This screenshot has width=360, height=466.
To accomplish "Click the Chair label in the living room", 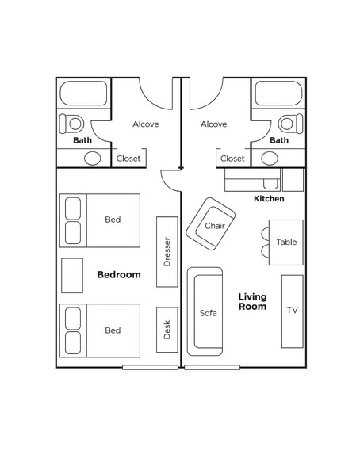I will click(x=214, y=226).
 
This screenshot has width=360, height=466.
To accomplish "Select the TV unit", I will click(x=292, y=310).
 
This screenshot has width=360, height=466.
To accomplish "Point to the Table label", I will click(x=286, y=242).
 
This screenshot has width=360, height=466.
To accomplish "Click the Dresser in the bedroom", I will click(x=167, y=252).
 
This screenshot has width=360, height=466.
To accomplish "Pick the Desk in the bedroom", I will click(x=167, y=330).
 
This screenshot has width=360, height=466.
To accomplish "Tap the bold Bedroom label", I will click(x=119, y=275).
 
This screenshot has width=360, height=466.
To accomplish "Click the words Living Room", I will click(x=252, y=302).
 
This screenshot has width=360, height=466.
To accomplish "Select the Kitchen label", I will click(x=269, y=198).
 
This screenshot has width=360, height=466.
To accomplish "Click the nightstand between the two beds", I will click(x=72, y=275).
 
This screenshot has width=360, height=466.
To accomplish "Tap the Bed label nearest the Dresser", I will click(x=113, y=220).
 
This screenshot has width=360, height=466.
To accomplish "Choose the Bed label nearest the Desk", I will click(x=113, y=330).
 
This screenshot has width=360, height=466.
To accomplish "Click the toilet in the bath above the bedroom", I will click(x=73, y=124).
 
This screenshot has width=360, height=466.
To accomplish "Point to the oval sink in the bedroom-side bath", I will click(x=94, y=158).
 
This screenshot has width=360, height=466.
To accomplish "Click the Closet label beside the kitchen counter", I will click(x=232, y=159).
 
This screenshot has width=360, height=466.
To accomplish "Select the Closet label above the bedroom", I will click(x=128, y=159).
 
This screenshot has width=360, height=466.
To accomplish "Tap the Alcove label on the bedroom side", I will click(x=145, y=124).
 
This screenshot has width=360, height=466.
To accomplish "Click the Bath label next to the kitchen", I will click(x=279, y=140).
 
